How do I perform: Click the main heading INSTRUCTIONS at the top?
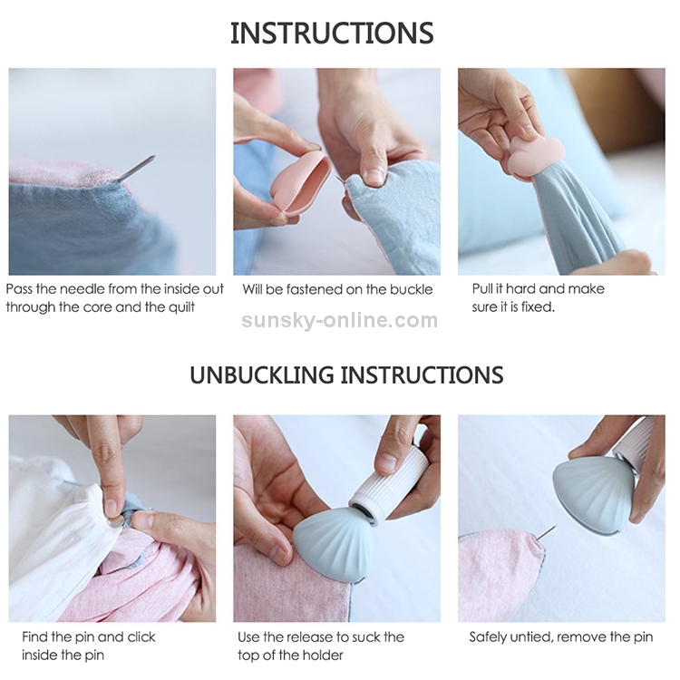point(332,34)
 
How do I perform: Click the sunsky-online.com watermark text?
point(340,320)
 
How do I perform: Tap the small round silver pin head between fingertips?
point(114,522)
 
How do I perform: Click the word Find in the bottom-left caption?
point(34,637)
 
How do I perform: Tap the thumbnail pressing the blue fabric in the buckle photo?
point(375,176)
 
